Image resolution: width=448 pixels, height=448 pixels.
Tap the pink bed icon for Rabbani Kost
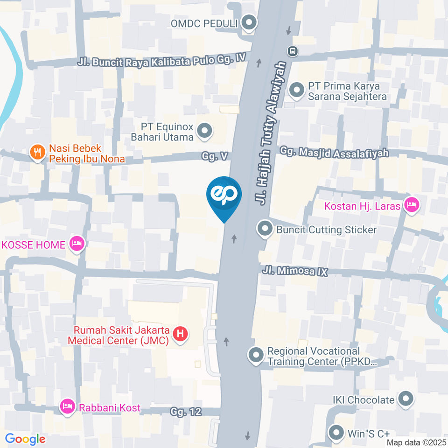coord(67,406)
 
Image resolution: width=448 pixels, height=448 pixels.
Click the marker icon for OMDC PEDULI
coord(250,23)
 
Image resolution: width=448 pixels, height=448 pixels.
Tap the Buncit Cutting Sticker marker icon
coord(265,229)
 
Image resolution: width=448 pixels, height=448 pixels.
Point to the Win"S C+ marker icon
coord(336,433)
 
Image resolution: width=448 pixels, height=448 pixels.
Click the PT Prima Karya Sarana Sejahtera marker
coord(296,90)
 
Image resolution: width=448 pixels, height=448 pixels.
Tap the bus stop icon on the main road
coord(293,50)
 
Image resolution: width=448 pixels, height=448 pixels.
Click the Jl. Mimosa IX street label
coord(295,271)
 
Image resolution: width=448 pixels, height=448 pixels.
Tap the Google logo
coord(25,439)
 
